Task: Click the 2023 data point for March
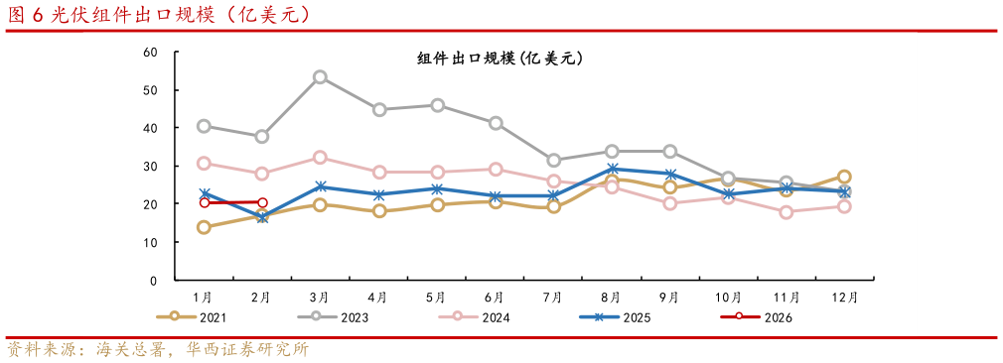[320, 76]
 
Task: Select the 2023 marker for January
[204, 126]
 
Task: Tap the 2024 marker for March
[320, 157]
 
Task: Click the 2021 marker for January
[204, 227]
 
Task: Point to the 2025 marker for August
[612, 169]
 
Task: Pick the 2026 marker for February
[262, 202]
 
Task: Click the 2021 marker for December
[844, 177]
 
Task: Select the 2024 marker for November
[787, 212]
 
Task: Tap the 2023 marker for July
[553, 160]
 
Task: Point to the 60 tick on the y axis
[151, 52]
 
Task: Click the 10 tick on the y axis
[151, 242]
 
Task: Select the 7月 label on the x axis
[553, 297]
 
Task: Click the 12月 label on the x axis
[844, 297]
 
